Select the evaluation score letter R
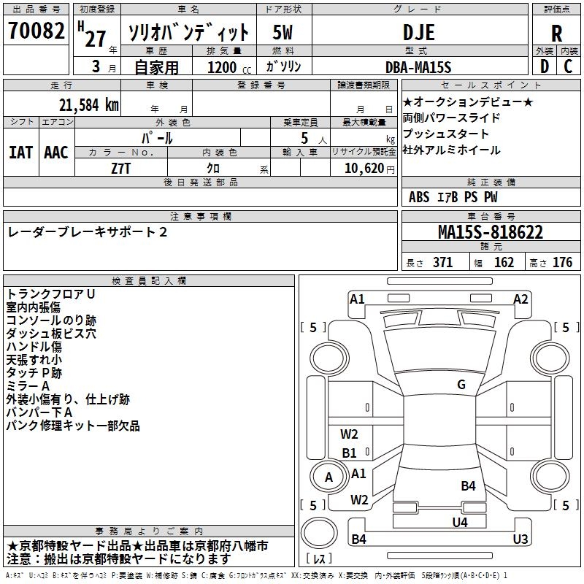[556, 34]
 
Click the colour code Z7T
[121, 168]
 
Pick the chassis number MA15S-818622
[491, 232]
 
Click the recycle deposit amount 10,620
[363, 168]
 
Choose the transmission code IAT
[20, 153]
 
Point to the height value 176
[562, 262]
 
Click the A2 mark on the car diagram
[520, 299]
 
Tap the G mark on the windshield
[461, 385]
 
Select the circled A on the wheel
[328, 477]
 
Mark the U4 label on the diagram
[459, 521]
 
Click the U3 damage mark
[520, 539]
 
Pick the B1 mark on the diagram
[350, 453]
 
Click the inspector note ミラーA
[28, 386]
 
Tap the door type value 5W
[283, 32]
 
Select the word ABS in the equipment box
[419, 197]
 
